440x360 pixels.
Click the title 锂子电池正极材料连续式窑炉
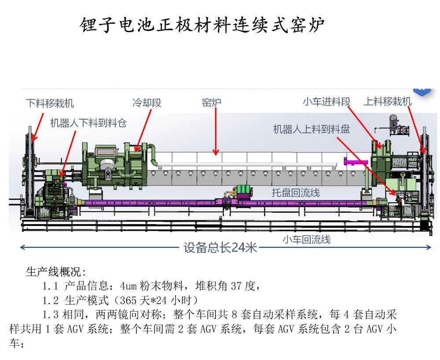202,25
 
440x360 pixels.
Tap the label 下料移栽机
50,104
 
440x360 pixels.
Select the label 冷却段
147,103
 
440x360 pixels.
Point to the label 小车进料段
326,102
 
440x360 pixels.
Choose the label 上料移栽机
387,102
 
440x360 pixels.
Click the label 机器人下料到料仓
88,124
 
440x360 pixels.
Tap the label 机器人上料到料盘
312,129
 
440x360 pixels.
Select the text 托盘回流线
296,193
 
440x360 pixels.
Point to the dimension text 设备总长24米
220,248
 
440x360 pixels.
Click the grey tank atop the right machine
392,121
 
